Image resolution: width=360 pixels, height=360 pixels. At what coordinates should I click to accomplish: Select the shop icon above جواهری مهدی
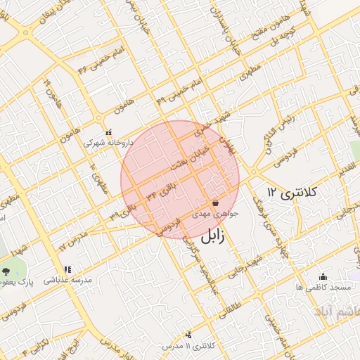pos(214,202)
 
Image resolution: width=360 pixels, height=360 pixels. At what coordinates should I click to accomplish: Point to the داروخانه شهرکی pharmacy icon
pos(108,132)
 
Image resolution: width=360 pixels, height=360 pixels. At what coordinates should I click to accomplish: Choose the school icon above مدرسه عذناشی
pos(67,269)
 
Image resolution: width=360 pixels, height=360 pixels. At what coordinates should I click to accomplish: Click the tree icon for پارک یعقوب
pos(6,271)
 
